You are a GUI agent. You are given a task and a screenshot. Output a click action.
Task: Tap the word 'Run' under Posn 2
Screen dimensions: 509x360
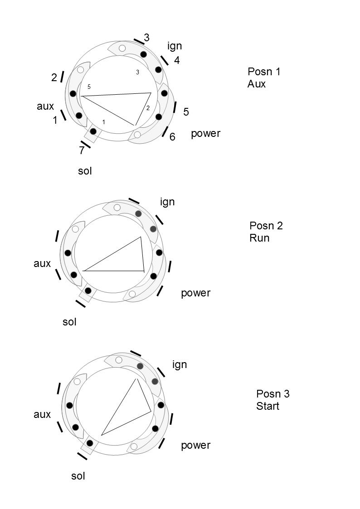pos(259,238)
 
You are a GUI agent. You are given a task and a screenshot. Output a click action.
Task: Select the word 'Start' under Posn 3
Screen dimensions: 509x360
pos(268,406)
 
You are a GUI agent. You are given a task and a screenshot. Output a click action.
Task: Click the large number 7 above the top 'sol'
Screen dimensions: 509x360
pos(82,151)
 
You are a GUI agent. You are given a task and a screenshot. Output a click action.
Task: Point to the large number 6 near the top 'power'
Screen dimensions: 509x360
pos(172,137)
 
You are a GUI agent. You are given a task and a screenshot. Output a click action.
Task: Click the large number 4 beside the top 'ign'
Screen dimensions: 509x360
pos(177,60)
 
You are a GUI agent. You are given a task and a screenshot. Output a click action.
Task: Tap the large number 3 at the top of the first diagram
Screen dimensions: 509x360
pos(146,38)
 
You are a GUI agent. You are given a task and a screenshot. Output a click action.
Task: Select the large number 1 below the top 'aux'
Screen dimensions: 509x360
pos(55,121)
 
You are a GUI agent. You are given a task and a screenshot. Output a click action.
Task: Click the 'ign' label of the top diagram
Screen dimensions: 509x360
pos(175,46)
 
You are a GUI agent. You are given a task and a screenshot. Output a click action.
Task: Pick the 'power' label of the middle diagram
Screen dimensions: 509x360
pos(195,293)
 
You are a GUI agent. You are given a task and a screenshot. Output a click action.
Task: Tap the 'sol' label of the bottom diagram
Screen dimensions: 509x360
pos(78,476)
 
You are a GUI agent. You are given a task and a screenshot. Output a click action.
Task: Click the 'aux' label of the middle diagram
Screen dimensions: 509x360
pos(42,263)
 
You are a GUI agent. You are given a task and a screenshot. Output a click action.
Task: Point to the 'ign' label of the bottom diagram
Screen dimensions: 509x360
pos(180,364)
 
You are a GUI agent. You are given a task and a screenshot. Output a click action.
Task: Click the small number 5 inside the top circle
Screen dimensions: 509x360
pos(89,87)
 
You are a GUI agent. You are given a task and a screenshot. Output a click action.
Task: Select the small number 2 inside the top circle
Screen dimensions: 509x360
pos(148,108)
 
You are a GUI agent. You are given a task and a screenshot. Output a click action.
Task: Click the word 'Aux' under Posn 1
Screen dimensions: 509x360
pos(257,84)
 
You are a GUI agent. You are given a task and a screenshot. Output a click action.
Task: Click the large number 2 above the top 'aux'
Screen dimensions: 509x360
pos(54,78)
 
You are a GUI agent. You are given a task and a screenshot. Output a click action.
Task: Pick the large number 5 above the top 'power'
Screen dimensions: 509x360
pos(186,112)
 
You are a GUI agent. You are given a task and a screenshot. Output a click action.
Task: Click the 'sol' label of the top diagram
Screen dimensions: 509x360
pos(85,171)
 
